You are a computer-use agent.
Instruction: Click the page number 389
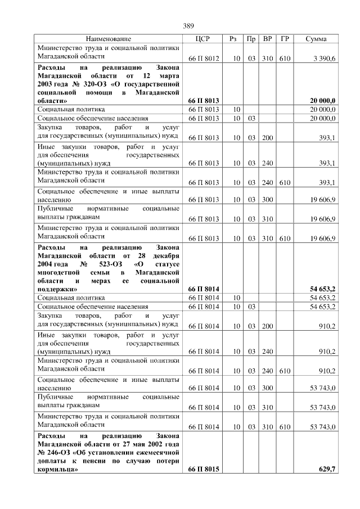pos(188,25)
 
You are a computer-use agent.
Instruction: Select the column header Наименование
pos(109,39)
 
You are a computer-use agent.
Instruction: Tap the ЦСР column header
pos(202,39)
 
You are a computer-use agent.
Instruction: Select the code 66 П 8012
pos(203,58)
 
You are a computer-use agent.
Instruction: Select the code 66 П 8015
pos(203,468)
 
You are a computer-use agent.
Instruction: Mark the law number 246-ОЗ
pos(59,452)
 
